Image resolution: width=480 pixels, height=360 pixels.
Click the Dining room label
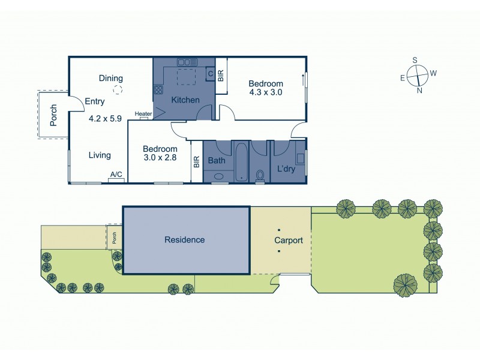click(111, 78)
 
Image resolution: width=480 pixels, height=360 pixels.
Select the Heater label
click(143, 114)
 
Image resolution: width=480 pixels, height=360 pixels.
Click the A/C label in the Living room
click(116, 175)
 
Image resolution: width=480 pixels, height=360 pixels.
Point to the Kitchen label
click(185, 100)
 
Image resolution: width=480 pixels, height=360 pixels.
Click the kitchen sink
click(184, 61)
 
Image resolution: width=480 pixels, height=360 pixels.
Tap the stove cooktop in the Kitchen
click(159, 90)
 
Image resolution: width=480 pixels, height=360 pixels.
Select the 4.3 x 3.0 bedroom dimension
click(266, 92)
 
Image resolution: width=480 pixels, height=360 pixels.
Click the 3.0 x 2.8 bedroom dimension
click(160, 159)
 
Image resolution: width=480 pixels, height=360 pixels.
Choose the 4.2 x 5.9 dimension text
click(105, 118)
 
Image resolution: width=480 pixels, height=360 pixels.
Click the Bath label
click(216, 161)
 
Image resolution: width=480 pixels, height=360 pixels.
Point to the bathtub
click(241, 161)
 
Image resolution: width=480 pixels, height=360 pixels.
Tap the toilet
click(260, 175)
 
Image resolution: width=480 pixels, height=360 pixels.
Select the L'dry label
click(286, 170)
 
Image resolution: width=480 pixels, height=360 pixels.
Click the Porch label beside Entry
click(53, 115)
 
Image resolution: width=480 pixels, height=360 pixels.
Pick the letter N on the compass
click(419, 91)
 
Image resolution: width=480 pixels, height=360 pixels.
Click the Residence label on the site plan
click(185, 240)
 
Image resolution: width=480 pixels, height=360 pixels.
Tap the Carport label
click(289, 241)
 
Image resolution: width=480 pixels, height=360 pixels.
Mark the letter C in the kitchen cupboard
click(210, 74)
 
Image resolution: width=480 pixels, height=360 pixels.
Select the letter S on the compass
click(415, 59)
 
